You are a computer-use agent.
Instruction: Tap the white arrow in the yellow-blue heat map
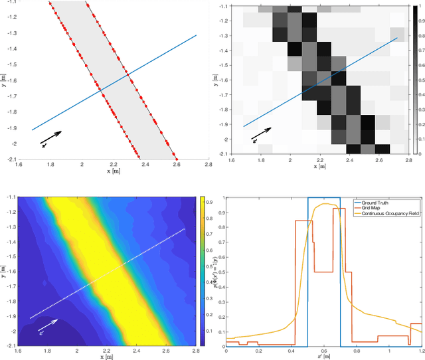tap(47, 324)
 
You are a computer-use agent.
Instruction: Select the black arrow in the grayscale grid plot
tap(262, 135)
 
